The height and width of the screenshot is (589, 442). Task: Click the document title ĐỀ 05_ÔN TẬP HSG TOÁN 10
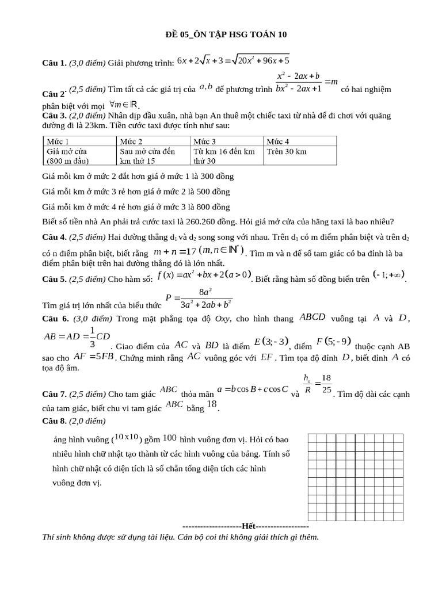tap(222, 35)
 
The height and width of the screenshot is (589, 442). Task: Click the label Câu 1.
tap(55, 62)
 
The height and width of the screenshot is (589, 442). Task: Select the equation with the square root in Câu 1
tap(233, 60)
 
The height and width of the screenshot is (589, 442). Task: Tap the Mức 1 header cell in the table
tap(58, 141)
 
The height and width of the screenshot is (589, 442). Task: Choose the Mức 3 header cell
tap(205, 141)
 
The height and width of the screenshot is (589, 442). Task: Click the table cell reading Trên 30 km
tap(286, 152)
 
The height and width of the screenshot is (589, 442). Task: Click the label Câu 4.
tap(55, 237)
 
